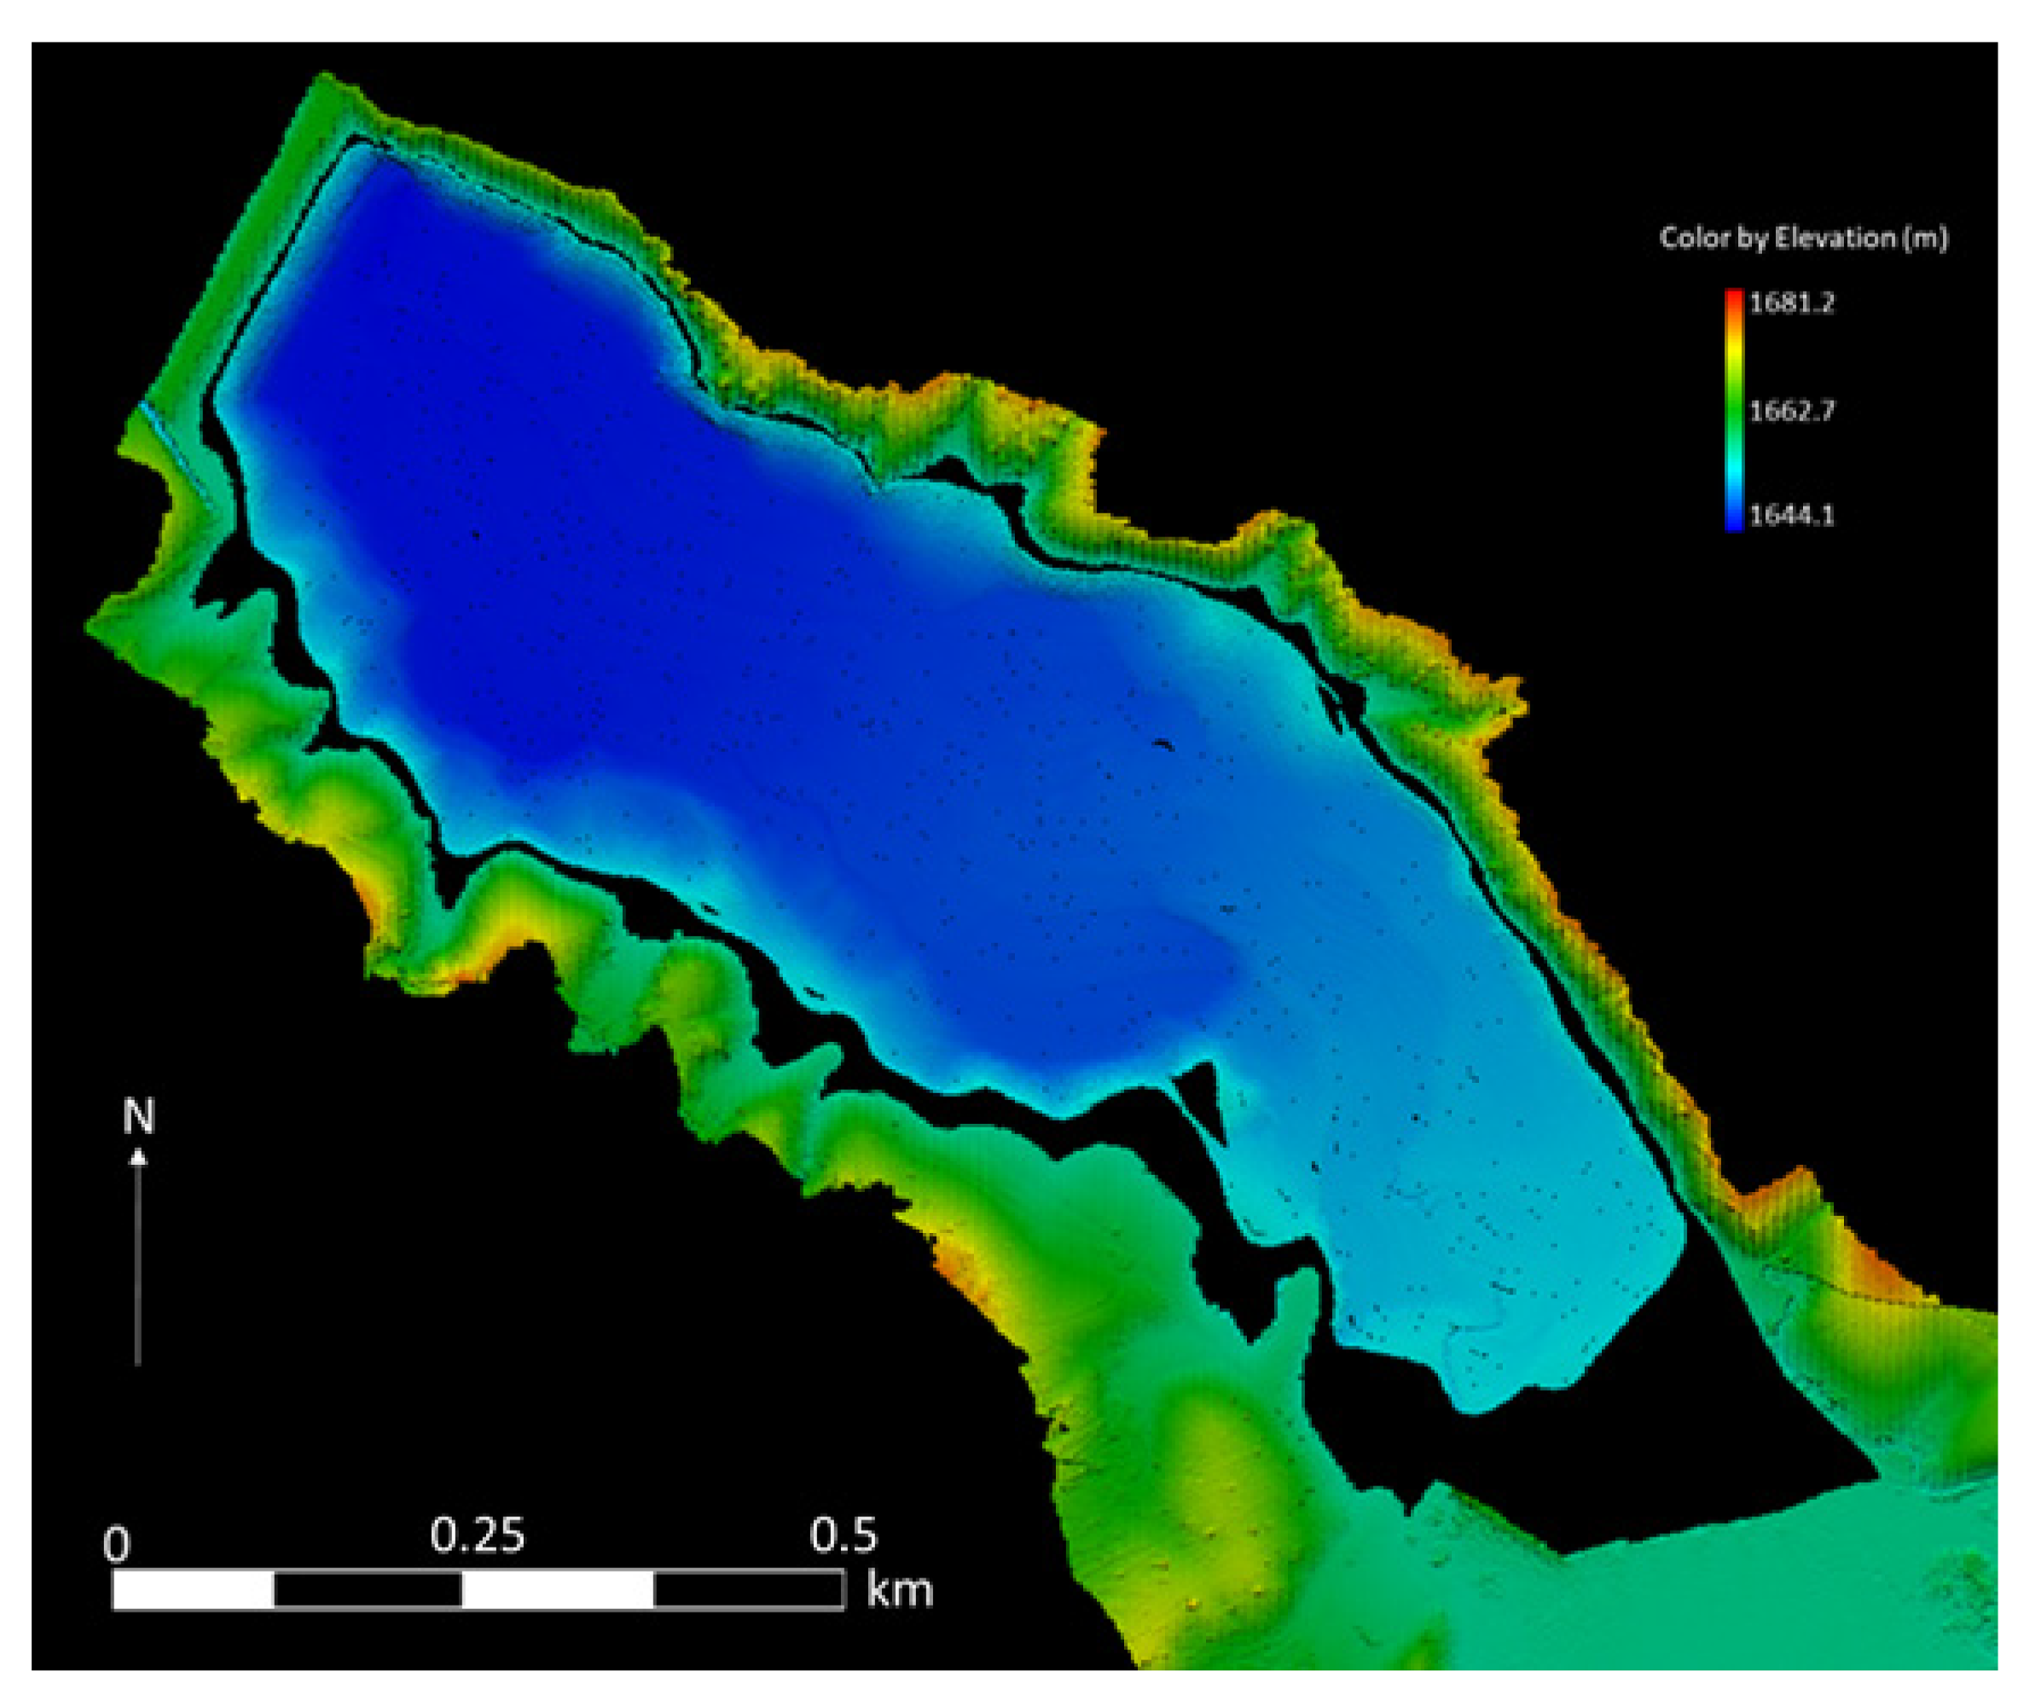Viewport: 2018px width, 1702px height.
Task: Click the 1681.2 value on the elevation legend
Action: click(1790, 303)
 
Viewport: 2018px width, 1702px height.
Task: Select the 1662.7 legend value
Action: click(1790, 411)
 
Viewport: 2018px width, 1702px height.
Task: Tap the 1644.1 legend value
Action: click(1790, 515)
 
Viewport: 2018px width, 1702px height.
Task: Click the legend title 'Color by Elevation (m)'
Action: click(1803, 238)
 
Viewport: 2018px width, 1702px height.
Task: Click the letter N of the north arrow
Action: click(139, 1117)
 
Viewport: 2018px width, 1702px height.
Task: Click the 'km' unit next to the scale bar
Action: click(900, 1589)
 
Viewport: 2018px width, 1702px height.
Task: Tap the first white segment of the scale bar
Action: click(193, 1590)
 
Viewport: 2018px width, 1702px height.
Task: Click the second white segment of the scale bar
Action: click(557, 1590)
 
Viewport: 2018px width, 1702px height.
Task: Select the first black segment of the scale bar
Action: click(368, 1590)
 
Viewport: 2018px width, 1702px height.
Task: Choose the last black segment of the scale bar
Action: click(748, 1590)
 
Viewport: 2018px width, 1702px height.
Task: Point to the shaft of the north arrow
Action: click(138, 1264)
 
